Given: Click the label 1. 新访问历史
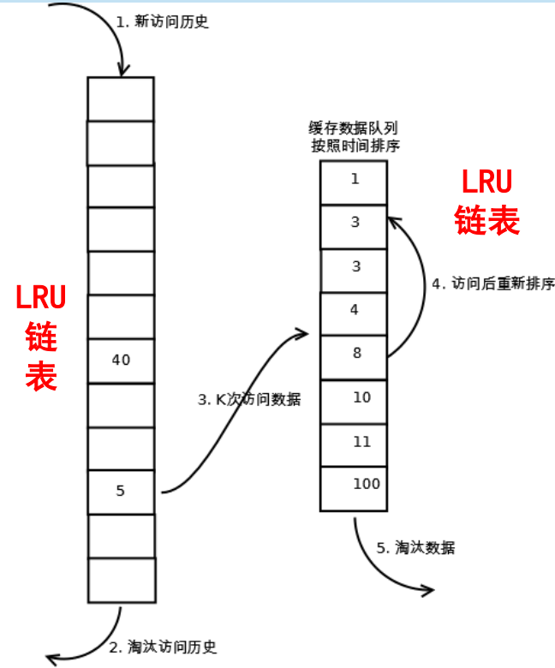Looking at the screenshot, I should (163, 22).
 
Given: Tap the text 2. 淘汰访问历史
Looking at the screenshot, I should (164, 647).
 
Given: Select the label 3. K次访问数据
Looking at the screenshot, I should (249, 399).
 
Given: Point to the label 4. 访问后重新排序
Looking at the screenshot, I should (492, 283).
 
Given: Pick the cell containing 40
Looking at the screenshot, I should (121, 361).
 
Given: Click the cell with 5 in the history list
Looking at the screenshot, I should (121, 492).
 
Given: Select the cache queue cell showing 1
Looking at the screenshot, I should (354, 181).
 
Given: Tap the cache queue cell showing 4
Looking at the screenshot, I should (354, 311).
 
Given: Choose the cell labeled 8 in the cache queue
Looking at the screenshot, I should (354, 355).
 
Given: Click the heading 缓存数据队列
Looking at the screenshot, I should (354, 128).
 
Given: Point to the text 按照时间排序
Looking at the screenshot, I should (354, 146).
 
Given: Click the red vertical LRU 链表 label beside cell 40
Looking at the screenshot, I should (41, 338).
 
